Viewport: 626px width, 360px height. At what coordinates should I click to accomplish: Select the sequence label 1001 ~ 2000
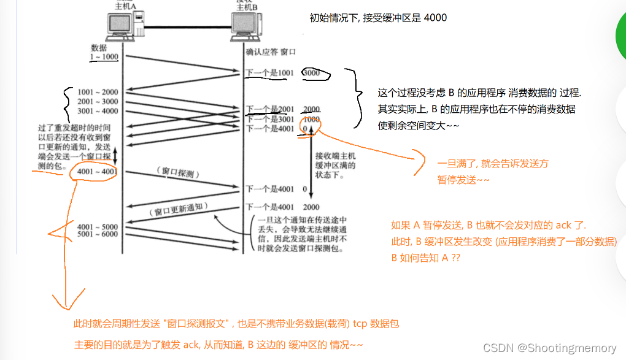[98, 92]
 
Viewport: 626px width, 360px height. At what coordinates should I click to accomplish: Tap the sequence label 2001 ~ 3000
[98, 101]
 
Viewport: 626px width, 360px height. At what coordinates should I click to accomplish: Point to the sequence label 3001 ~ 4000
[98, 110]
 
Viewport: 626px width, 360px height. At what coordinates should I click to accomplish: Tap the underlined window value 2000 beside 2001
[311, 109]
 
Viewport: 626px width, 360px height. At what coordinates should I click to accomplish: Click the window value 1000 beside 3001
[311, 119]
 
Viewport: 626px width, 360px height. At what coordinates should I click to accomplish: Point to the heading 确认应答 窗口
[271, 53]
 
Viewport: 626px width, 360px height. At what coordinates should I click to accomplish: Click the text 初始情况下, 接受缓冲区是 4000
[378, 18]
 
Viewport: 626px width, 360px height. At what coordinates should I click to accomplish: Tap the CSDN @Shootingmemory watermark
[552, 348]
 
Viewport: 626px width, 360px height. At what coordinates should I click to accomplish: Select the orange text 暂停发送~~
[463, 180]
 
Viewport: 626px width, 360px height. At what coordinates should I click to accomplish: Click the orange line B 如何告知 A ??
[425, 258]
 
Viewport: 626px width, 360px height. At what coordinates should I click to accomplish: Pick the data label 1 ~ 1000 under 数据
[102, 56]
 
